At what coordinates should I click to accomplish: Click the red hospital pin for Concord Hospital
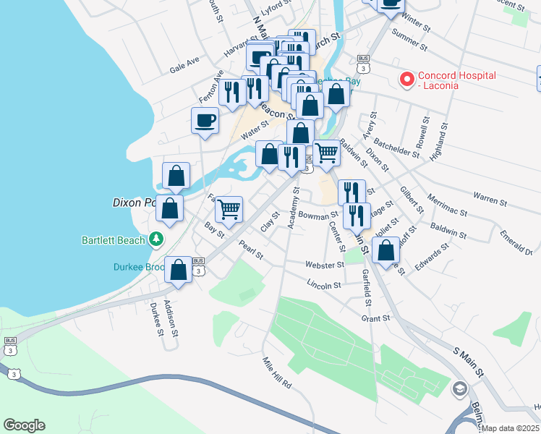[407, 78]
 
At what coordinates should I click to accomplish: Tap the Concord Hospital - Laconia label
[456, 81]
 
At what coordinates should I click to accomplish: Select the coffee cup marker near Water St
[205, 120]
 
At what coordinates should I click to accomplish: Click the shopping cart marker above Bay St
[229, 209]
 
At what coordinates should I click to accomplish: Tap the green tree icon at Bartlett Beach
[156, 239]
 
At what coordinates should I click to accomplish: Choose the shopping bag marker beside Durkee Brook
[178, 271]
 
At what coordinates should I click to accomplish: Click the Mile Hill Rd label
[276, 373]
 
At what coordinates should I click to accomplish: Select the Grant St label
[375, 318]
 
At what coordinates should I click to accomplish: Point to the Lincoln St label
[323, 285]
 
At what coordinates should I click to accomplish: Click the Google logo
[24, 425]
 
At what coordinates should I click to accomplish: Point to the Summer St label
[410, 35]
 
